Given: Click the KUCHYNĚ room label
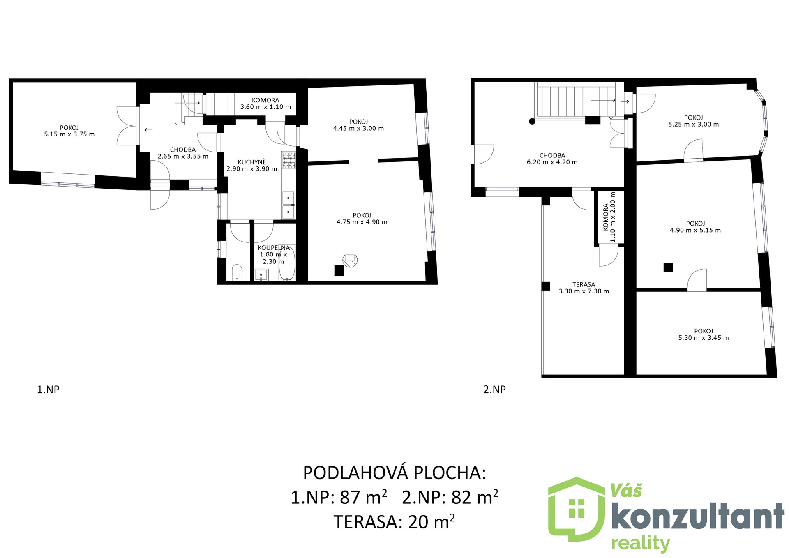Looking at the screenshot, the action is tap(252, 162).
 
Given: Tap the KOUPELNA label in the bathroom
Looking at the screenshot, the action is tap(274, 248).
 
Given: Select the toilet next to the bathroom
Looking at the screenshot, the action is tap(237, 272).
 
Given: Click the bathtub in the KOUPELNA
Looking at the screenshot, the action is tap(287, 263).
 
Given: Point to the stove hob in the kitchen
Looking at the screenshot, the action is tap(288, 160).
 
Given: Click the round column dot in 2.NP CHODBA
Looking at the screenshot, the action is tap(532, 121).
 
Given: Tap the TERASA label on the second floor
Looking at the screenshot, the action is tap(584, 284).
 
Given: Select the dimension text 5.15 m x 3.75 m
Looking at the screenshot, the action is tap(69, 134).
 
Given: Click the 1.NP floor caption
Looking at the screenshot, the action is tap(48, 390).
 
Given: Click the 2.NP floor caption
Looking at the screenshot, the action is tap(494, 390).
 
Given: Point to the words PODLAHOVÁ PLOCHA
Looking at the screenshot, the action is tap(394, 473).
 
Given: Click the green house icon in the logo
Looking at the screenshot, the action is tap(577, 510).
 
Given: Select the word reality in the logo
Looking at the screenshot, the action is tap(640, 544).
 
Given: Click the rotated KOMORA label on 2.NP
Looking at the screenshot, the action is tap(606, 217).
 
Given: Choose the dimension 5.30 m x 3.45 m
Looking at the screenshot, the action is tap(704, 338).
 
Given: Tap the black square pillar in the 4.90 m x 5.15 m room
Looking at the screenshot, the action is tap(668, 267).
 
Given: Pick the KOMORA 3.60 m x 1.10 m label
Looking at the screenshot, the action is tap(265, 104).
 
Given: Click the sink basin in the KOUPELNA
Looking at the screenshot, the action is tap(261, 274).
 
